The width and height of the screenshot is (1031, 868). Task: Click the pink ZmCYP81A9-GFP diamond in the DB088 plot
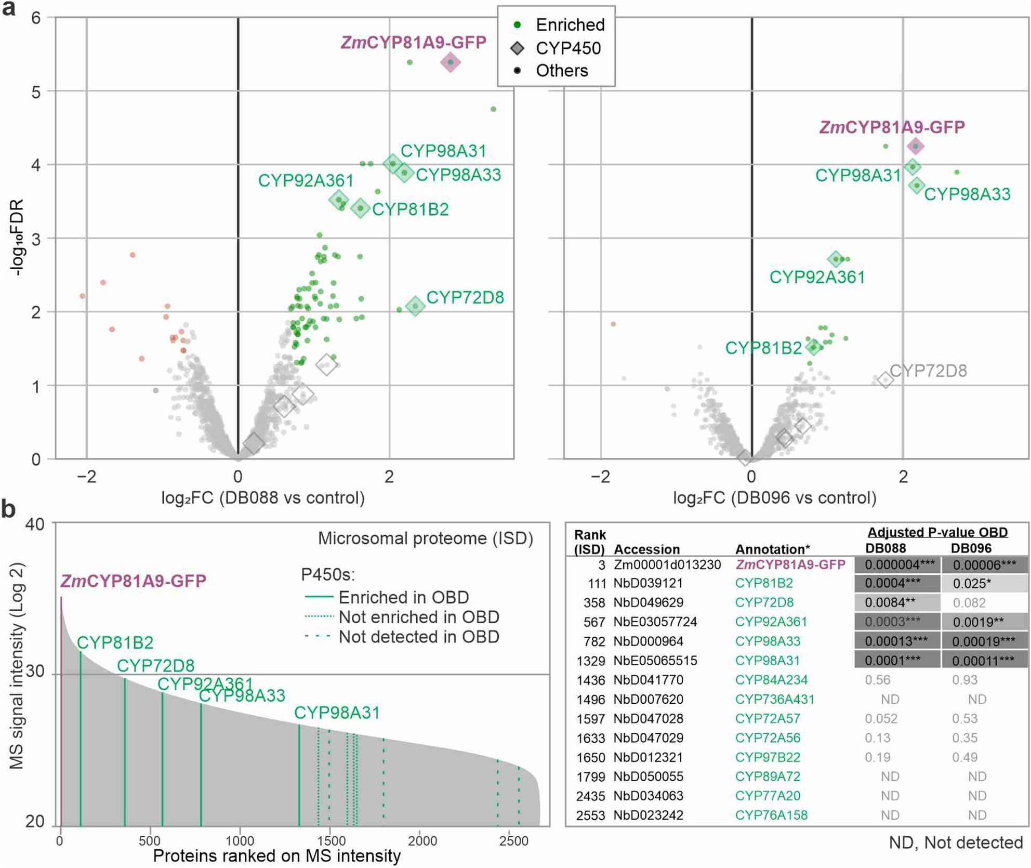(x=450, y=62)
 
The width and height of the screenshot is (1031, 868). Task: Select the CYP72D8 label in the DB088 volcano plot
(x=465, y=297)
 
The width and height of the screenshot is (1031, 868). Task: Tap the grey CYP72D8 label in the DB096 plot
(x=928, y=371)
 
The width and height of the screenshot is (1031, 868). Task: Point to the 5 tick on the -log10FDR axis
(x=35, y=92)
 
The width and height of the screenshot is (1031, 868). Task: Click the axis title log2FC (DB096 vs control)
(x=774, y=498)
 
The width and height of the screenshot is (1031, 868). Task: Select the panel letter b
(x=8, y=509)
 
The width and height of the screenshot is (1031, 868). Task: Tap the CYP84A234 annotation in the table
(x=771, y=680)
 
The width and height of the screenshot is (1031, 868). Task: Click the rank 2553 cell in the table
(x=590, y=816)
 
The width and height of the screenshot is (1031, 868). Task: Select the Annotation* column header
(x=772, y=549)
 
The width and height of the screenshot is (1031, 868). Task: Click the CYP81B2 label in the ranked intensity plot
(x=115, y=643)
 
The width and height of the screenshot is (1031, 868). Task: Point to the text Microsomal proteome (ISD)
(x=425, y=538)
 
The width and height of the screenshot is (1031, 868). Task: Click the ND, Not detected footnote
(x=955, y=843)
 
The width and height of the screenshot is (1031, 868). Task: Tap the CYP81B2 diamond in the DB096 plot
(x=813, y=347)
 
